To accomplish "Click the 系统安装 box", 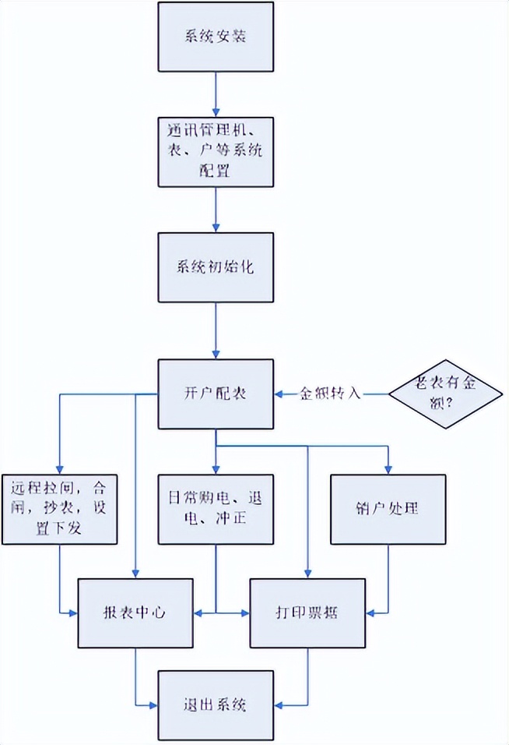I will [216, 37].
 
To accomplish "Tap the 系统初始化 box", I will [216, 266].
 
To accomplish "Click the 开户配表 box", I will [216, 394].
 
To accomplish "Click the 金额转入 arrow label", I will [331, 394].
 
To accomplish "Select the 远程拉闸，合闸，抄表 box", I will [59, 509].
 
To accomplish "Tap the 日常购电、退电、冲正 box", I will [216, 509].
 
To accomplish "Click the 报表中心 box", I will [136, 613].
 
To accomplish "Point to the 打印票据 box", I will [307, 613].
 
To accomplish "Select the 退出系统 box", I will [216, 705].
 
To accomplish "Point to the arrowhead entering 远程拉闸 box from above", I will [59, 469].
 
